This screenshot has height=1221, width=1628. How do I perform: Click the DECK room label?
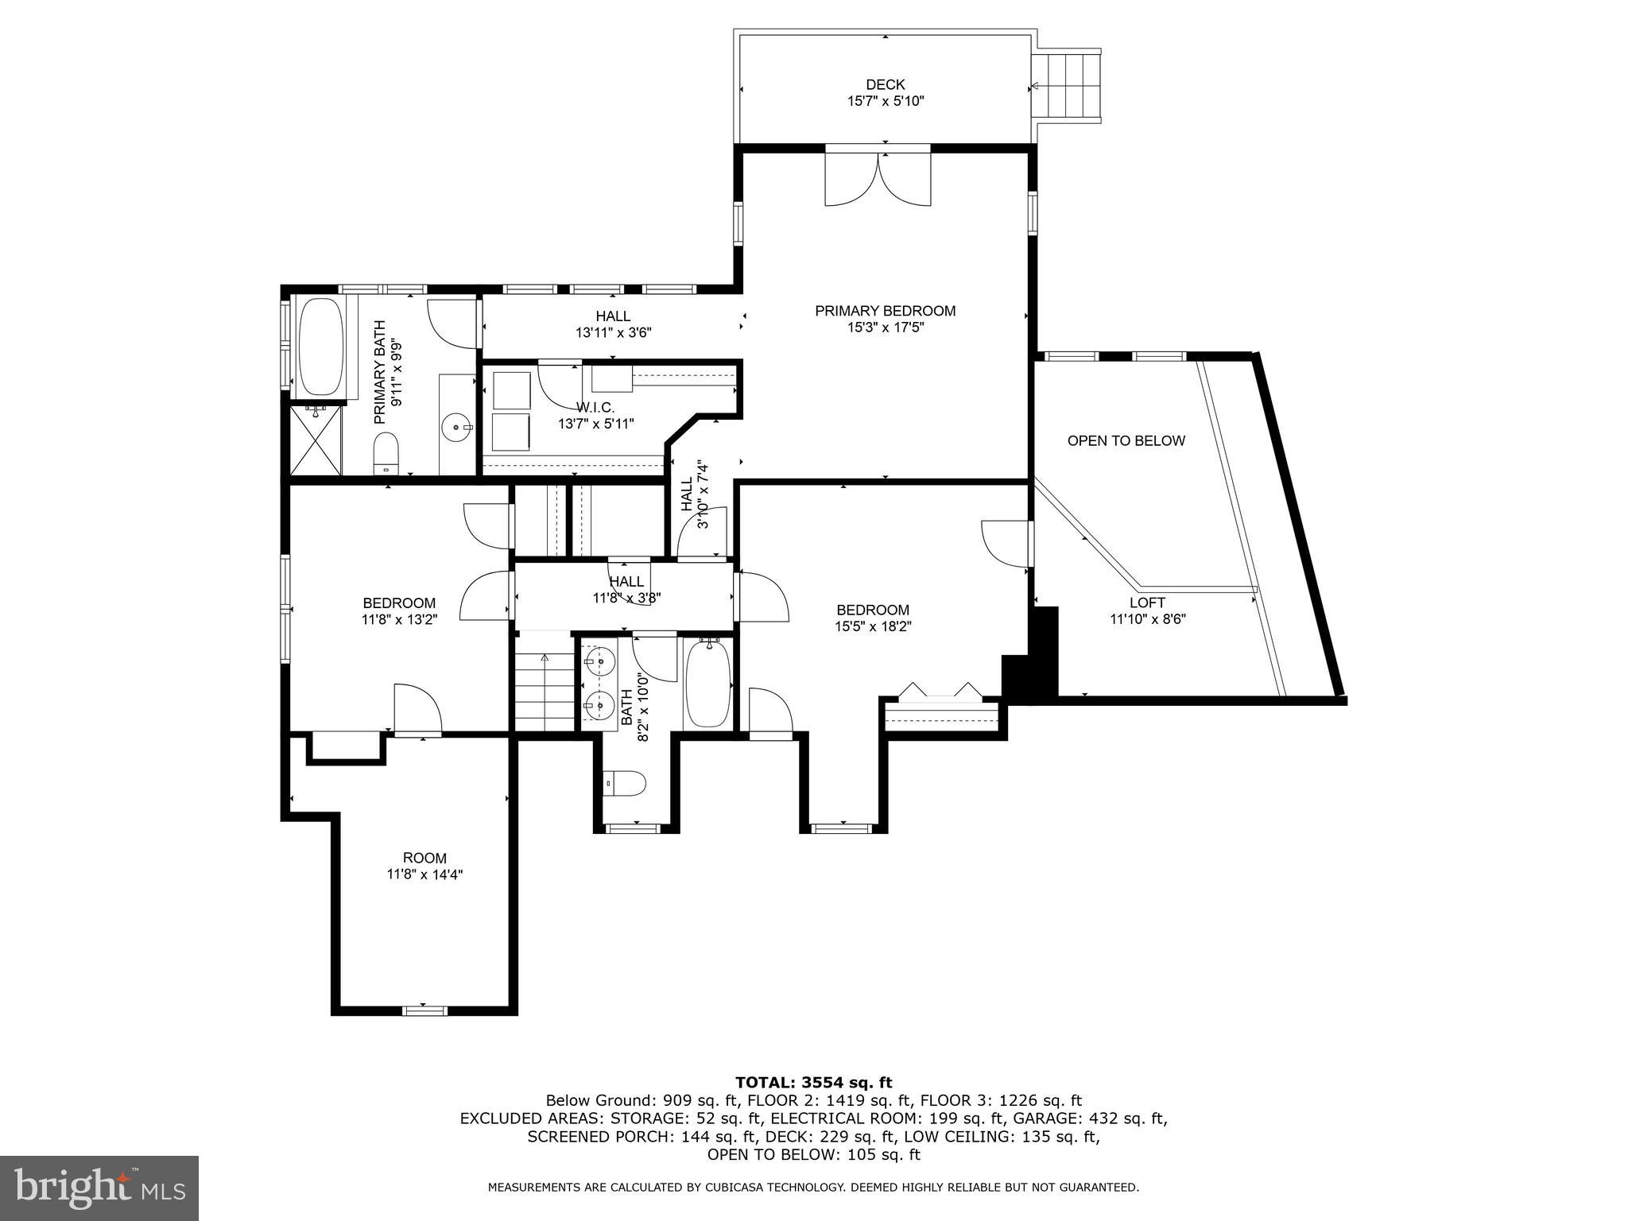pyautogui.click(x=885, y=84)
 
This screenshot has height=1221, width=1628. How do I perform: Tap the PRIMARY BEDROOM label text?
pyautogui.click(x=885, y=311)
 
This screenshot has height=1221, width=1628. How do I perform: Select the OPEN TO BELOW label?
pyautogui.click(x=1126, y=440)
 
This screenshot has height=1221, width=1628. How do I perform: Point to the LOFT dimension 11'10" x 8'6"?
pyautogui.click(x=1147, y=619)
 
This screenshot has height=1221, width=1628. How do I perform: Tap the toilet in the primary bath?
pyautogui.click(x=386, y=451)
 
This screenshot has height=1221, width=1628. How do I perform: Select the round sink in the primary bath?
pyautogui.click(x=455, y=428)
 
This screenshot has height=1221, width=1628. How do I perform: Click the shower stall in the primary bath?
pyautogui.click(x=316, y=440)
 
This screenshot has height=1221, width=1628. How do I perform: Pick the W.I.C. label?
pyautogui.click(x=595, y=407)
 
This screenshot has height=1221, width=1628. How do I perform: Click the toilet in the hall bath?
pyautogui.click(x=625, y=784)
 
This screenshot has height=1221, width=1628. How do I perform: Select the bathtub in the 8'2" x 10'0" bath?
pyautogui.click(x=707, y=684)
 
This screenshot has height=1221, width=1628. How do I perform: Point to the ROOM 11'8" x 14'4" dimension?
pyautogui.click(x=424, y=874)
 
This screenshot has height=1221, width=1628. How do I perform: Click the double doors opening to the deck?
pyautogui.click(x=878, y=179)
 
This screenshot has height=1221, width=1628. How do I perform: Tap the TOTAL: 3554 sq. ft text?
pyautogui.click(x=813, y=1083)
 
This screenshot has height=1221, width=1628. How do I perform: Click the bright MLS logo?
pyautogui.click(x=99, y=1187)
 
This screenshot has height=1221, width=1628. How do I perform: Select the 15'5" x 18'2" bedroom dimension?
pyautogui.click(x=872, y=626)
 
